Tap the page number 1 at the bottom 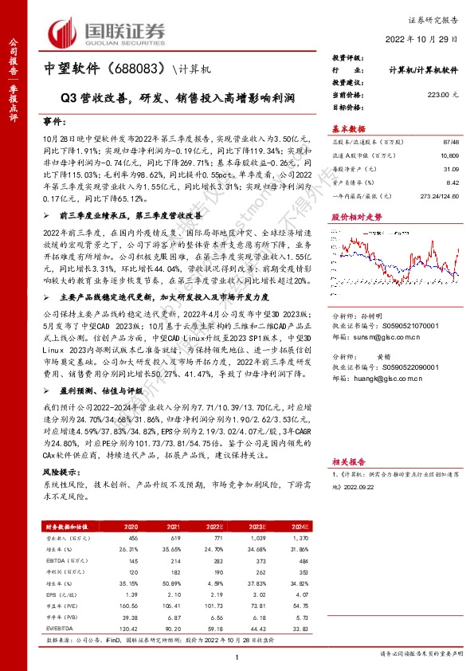237,656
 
